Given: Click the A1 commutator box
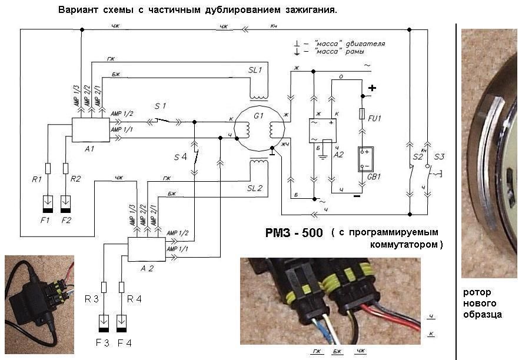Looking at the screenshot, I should click(x=91, y=129).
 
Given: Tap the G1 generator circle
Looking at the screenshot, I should click(x=260, y=129).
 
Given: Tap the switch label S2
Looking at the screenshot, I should click(x=417, y=158).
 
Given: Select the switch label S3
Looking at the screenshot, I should click(x=439, y=158).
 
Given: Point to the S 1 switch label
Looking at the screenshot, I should click(x=160, y=106).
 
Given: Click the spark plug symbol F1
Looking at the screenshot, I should click(x=48, y=204).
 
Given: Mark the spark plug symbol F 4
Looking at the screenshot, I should click(x=122, y=324).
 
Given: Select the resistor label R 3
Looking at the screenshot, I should click(x=92, y=298).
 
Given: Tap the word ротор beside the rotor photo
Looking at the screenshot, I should click(x=477, y=292).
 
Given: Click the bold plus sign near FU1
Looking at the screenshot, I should click(x=372, y=88).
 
